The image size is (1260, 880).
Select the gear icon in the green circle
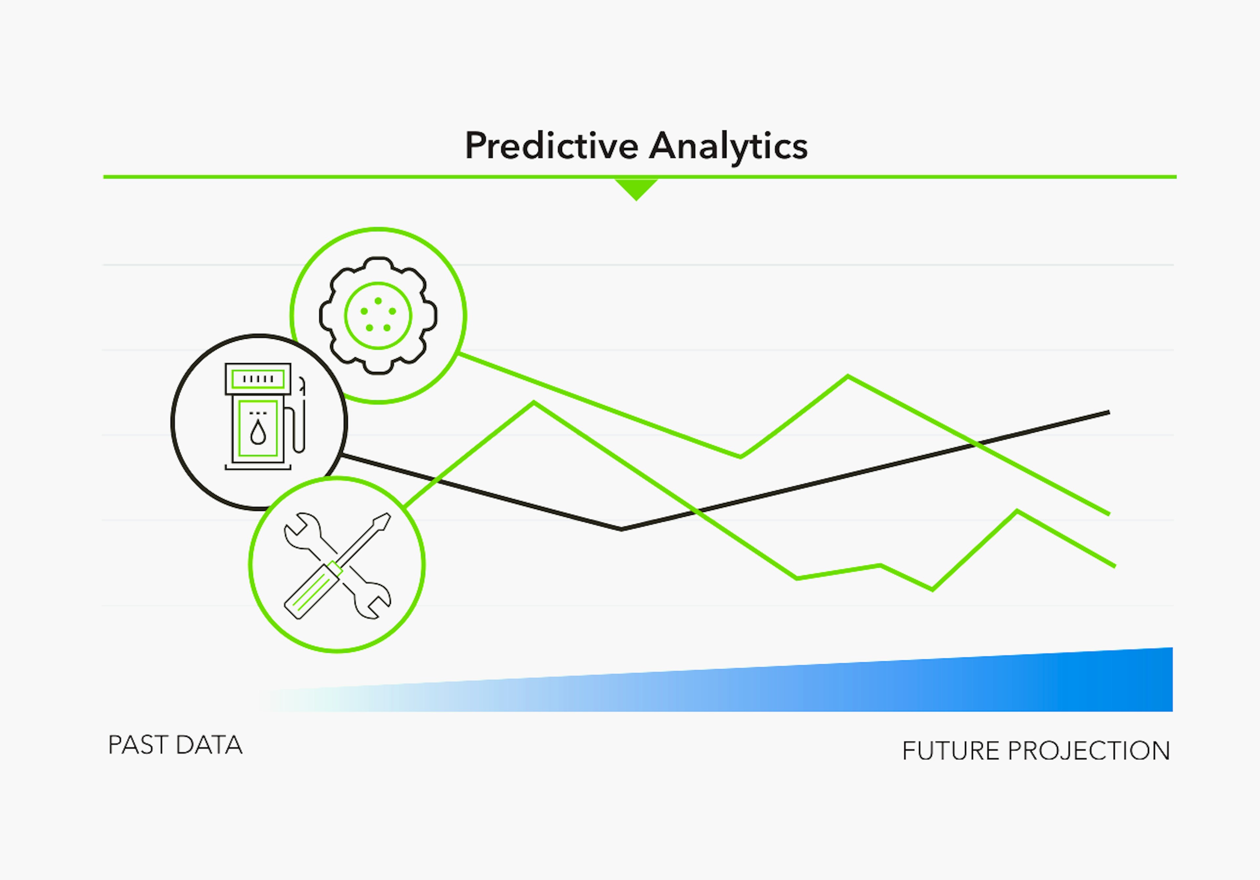tap(378, 316)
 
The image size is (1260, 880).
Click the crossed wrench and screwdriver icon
tap(337, 565)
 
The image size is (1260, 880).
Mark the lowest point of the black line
tap(621, 529)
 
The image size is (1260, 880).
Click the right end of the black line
tap(1108, 412)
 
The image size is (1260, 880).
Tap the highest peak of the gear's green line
tap(848, 376)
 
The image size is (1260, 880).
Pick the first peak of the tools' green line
tap(534, 403)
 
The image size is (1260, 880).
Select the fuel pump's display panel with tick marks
tap(258, 379)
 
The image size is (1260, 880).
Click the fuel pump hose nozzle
tap(301, 384)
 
